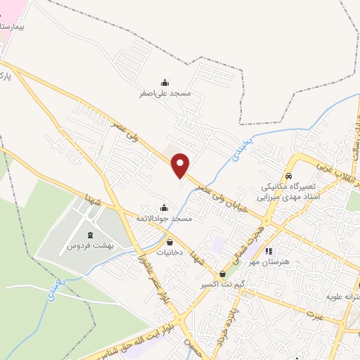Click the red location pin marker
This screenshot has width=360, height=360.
click(181, 165)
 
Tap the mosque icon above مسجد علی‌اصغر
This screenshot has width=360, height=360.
click(165, 82)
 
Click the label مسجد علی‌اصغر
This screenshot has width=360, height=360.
click(165, 93)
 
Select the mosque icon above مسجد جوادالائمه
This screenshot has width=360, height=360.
click(165, 208)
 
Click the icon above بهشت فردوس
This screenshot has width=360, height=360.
click(90, 236)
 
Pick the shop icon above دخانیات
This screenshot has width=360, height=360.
click(169, 241)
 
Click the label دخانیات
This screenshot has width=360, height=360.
click(169, 252)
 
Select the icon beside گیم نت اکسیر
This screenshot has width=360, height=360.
click(223, 274)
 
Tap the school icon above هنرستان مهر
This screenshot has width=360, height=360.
click(268, 250)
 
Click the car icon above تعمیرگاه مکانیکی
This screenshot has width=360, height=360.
click(288, 176)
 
